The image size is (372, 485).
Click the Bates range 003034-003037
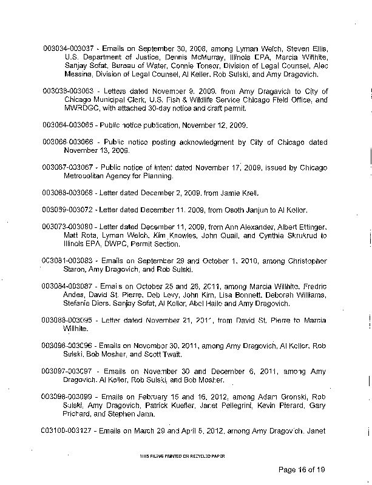tap(67, 47)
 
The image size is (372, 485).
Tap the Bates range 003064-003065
tap(67, 125)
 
